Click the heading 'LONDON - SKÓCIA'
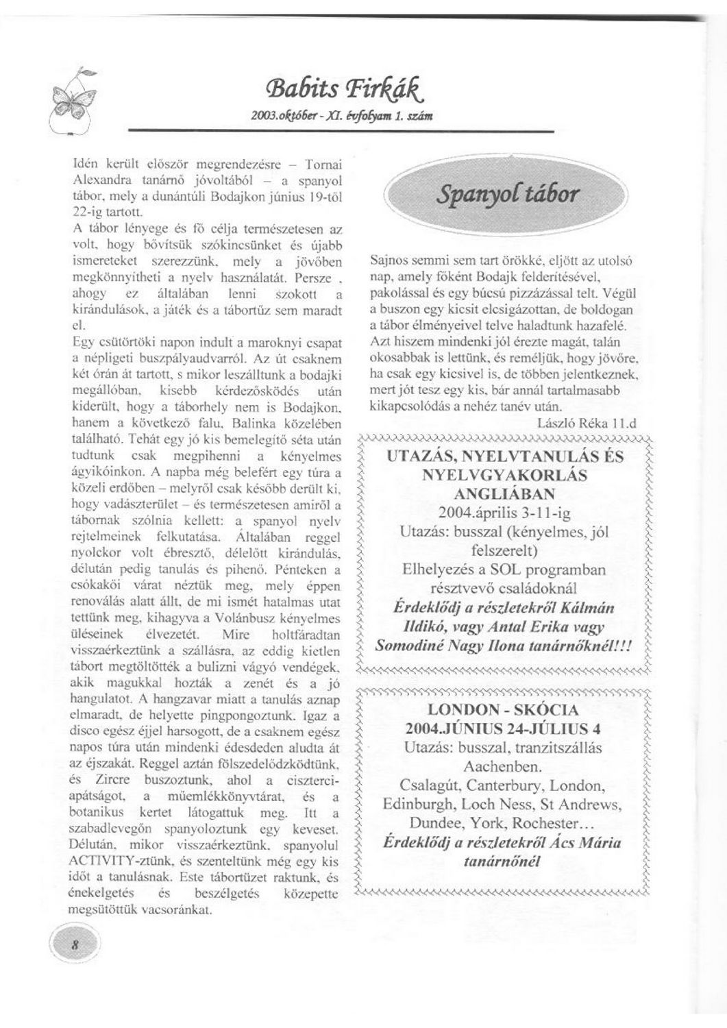coord(502,709)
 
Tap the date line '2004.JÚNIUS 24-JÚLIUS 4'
coord(502,728)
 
